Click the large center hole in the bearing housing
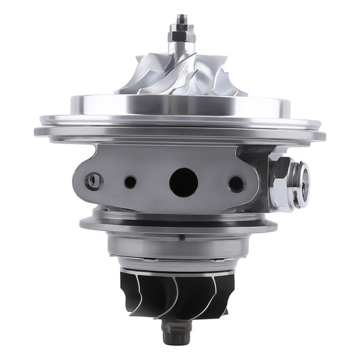(183, 181)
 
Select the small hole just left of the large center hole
(130, 182)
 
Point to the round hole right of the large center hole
(236, 184)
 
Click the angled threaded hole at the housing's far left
(94, 179)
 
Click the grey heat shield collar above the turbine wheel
(179, 246)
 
